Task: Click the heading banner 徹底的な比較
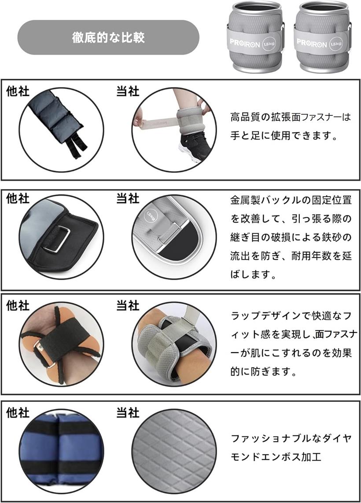108,37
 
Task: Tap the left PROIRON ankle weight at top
255,37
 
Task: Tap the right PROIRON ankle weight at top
323,37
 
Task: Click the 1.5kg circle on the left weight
269,44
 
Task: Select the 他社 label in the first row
18,91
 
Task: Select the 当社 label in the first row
128,91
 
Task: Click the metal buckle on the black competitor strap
60,239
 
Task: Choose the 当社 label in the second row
128,199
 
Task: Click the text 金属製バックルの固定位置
291,200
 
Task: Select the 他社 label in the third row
18,306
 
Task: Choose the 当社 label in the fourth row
128,412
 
